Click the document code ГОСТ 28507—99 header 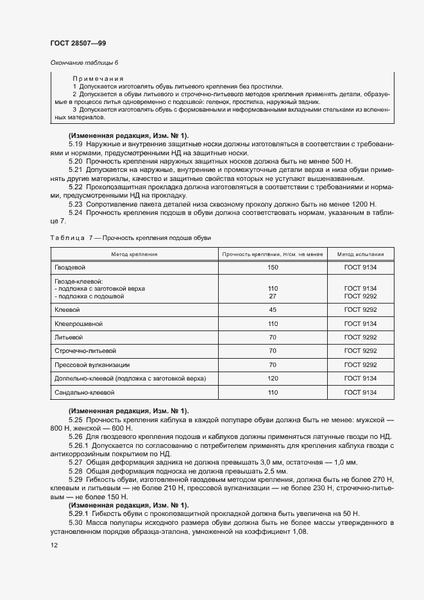(78, 42)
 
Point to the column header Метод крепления (134, 254)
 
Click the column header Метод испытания (360, 254)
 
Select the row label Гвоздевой (70, 267)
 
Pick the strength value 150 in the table (273, 267)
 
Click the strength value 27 (273, 296)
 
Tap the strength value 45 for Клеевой (273, 310)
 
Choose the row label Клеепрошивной (79, 323)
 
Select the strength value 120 (273, 379)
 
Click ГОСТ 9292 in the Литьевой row (360, 337)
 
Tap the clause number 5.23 (76, 203)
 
